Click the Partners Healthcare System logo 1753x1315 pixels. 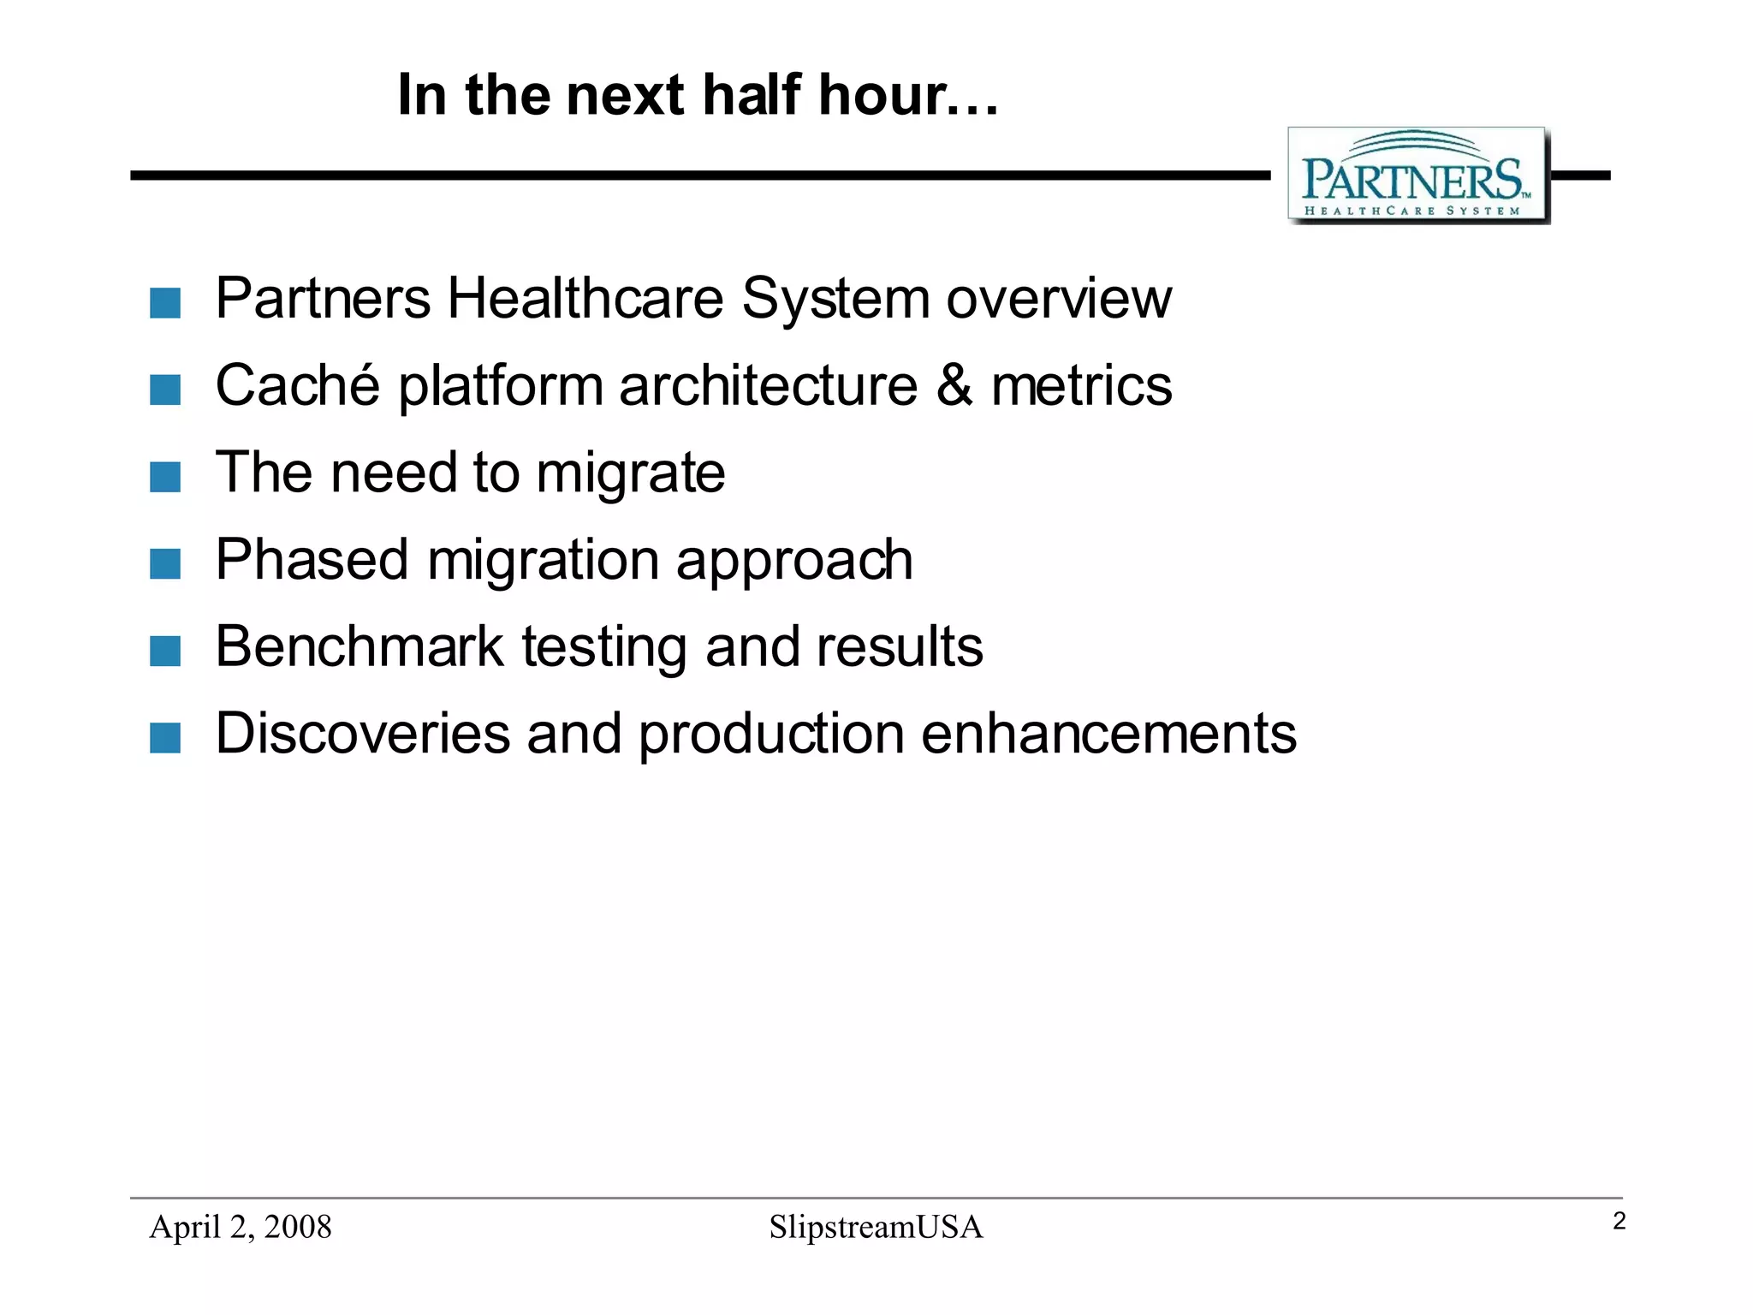click(1418, 176)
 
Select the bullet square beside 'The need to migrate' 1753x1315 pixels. click(165, 477)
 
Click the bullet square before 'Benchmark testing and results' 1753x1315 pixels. click(165, 651)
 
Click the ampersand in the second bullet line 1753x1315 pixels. click(954, 386)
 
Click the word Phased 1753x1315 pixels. click(312, 560)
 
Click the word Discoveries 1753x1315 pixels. click(363, 734)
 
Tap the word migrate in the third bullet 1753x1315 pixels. click(631, 475)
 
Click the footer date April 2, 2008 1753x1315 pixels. click(241, 1227)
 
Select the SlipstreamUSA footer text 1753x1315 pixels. click(876, 1227)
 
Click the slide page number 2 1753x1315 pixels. click(1619, 1222)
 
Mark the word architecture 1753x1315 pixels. click(768, 386)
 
